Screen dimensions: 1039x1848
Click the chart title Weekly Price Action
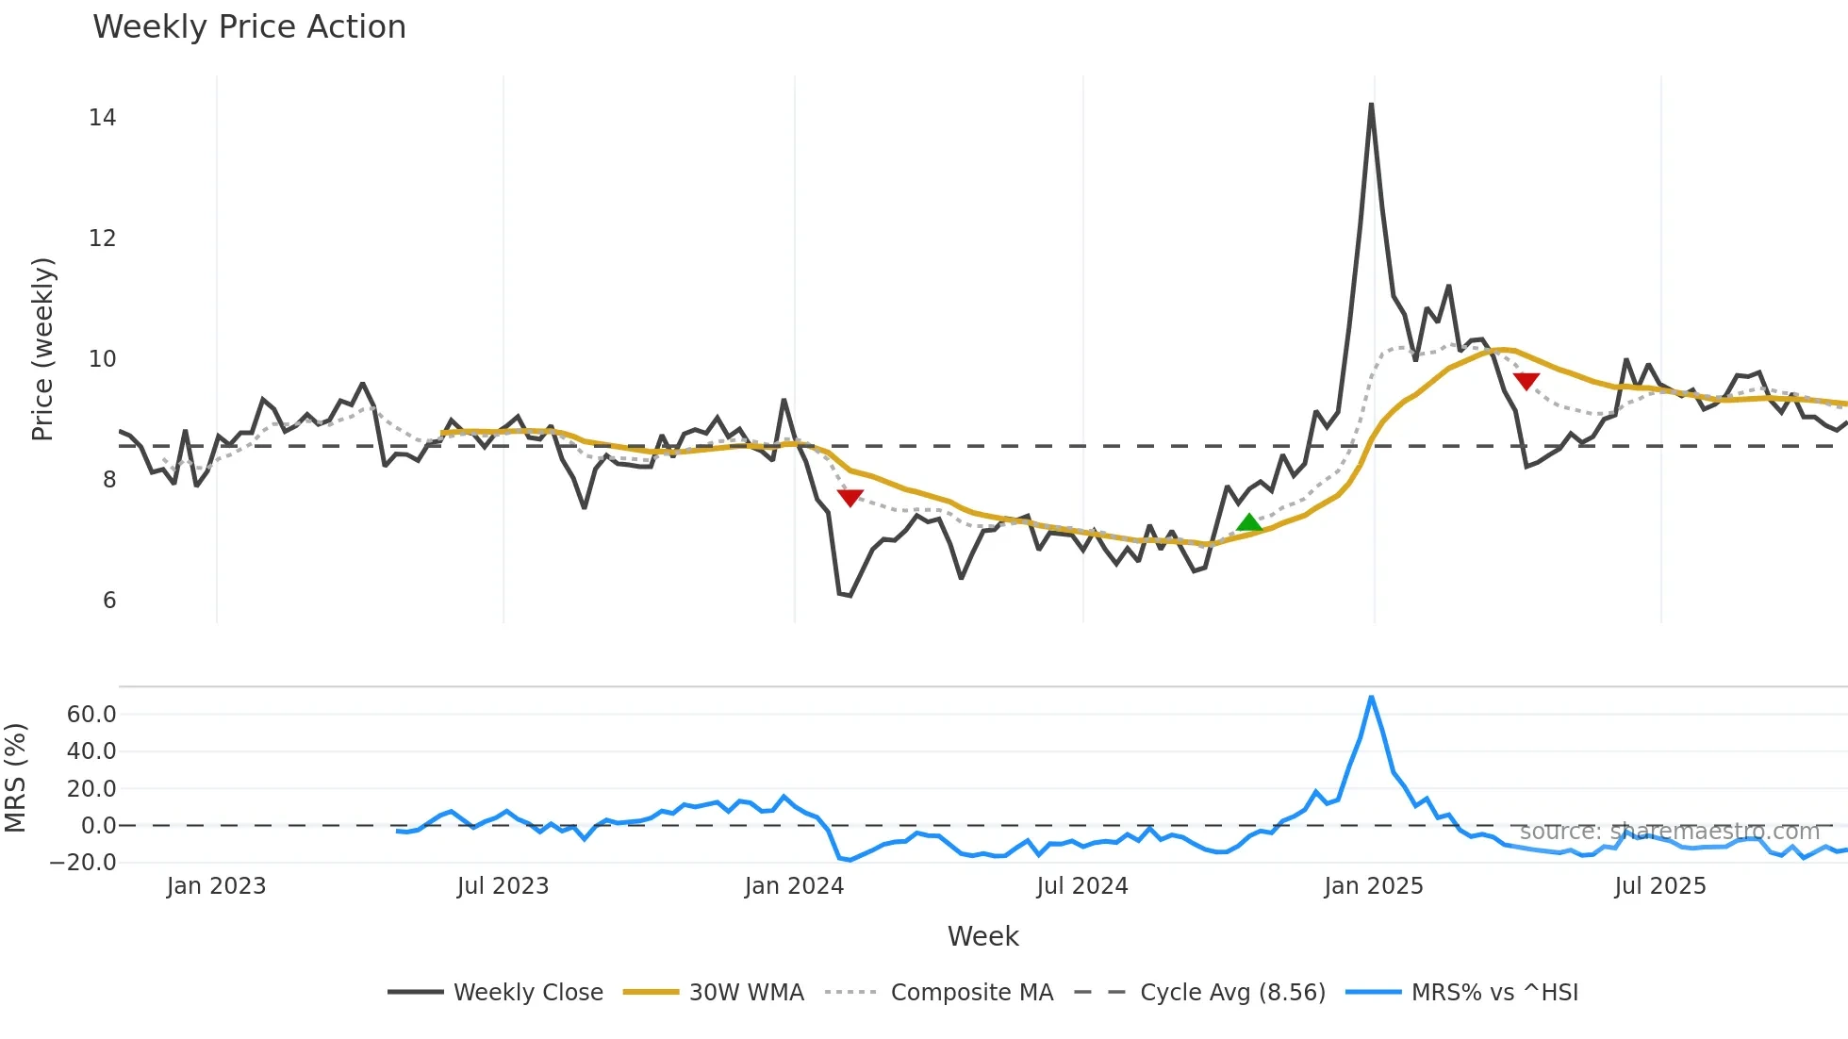[249, 27]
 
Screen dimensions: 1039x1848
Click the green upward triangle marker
[1248, 522]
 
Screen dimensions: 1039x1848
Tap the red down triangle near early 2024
[850, 497]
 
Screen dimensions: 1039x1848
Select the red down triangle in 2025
[1526, 381]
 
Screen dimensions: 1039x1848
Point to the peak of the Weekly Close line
[1371, 105]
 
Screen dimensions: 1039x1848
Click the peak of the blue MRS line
[1371, 698]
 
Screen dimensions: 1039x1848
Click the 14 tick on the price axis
[102, 118]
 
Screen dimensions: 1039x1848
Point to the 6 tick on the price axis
[109, 601]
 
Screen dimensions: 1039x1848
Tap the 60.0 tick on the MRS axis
[91, 715]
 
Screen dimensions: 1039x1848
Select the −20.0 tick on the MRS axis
[83, 863]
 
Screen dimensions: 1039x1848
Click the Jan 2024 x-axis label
[794, 886]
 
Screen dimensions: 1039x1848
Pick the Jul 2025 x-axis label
[1659, 886]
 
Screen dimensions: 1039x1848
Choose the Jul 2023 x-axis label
[503, 886]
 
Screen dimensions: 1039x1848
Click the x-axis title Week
[982, 936]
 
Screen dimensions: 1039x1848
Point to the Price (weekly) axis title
[43, 349]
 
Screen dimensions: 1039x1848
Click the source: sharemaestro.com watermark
[1669, 832]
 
